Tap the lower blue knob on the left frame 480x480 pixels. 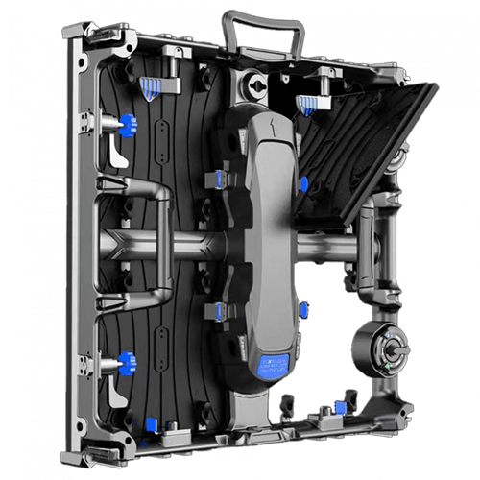(129, 363)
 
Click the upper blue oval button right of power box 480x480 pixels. (303, 182)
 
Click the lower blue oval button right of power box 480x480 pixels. (302, 309)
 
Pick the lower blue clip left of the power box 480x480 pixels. (220, 308)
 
